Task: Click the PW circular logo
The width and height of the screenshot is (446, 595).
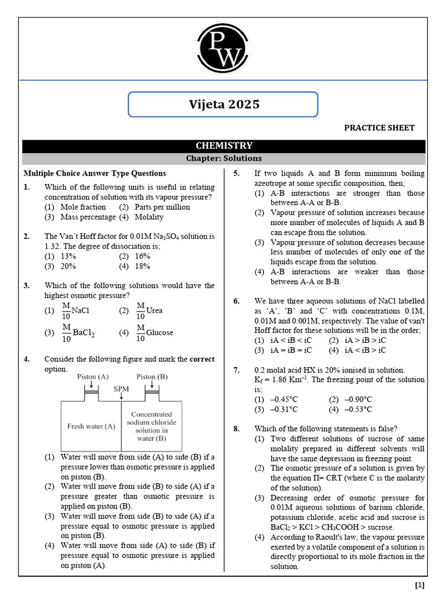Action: coord(222,51)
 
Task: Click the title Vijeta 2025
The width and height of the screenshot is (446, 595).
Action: coord(224,105)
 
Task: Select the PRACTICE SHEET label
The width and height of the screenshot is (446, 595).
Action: coord(379,128)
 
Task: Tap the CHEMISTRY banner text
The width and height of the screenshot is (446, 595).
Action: coord(224,146)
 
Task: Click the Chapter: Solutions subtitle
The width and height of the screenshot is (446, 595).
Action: coord(224,158)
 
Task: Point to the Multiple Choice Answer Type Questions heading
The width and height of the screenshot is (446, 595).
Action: coord(95,173)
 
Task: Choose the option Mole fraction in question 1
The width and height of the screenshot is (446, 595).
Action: coord(82,207)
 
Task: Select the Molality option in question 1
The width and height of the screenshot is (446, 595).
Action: coord(149,217)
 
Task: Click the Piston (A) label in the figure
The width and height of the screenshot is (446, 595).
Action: coord(93,377)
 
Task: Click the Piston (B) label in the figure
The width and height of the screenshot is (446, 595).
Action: coord(152,377)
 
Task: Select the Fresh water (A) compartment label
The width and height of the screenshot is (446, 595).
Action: coord(90,426)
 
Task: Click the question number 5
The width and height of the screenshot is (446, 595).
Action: coord(236,173)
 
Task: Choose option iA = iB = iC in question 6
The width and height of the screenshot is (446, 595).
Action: coord(290,350)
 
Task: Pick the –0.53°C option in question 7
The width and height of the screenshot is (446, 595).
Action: coord(358,409)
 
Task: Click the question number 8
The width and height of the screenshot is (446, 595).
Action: coord(236,429)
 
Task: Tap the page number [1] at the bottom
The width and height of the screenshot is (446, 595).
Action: coord(419,585)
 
